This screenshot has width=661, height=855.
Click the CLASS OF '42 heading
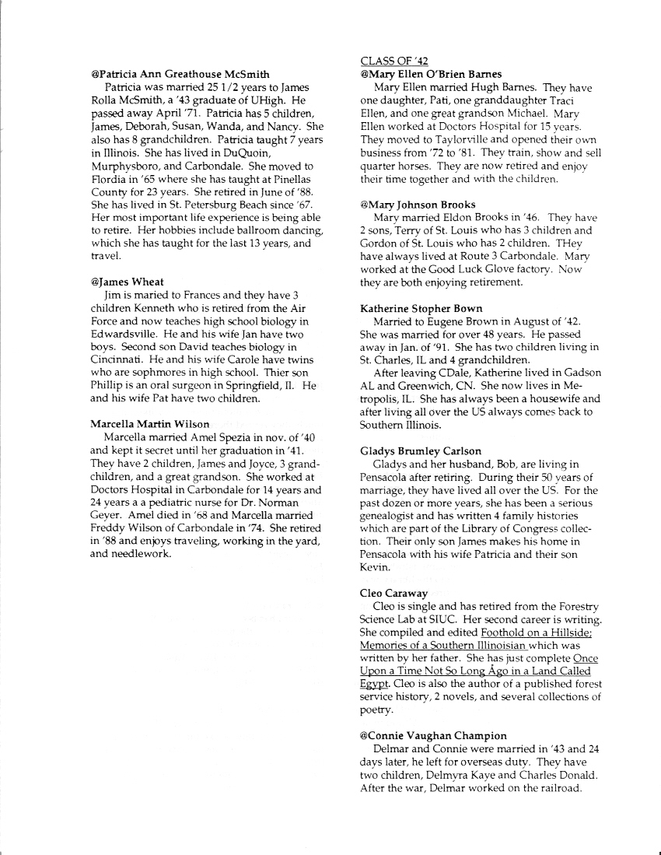(x=394, y=61)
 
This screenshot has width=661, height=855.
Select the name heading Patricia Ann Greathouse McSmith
(x=180, y=74)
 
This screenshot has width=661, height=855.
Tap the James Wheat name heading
(x=128, y=283)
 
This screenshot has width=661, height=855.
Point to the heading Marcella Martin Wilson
(x=150, y=424)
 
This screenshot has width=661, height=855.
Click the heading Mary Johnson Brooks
(x=418, y=205)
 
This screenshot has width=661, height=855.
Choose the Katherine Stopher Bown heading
(x=421, y=309)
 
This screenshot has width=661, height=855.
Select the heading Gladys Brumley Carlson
(x=421, y=451)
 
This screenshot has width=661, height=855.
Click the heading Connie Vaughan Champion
(x=434, y=735)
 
